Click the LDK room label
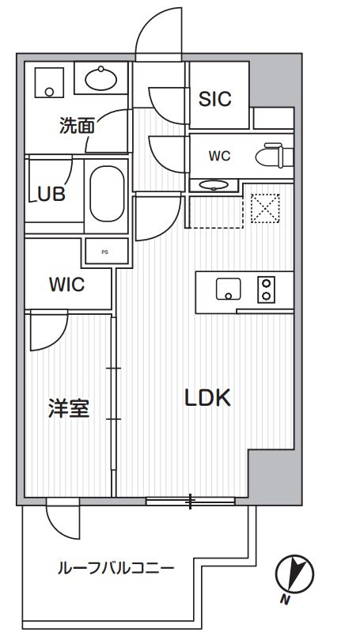click(207, 398)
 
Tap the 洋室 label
click(68, 409)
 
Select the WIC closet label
click(66, 285)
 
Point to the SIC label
click(214, 99)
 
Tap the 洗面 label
click(77, 125)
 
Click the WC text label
click(219, 156)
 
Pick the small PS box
click(104, 252)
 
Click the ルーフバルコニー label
click(116, 568)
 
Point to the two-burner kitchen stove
click(266, 290)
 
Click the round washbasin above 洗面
click(100, 78)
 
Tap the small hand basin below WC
click(212, 184)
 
